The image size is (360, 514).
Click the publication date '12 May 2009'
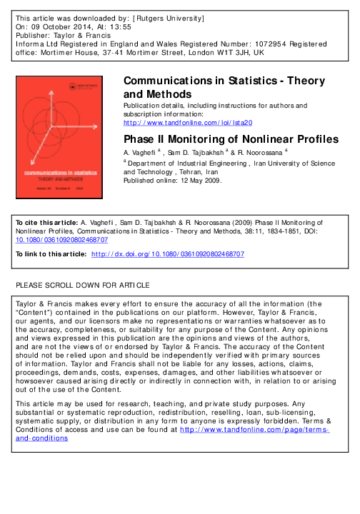(197, 180)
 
